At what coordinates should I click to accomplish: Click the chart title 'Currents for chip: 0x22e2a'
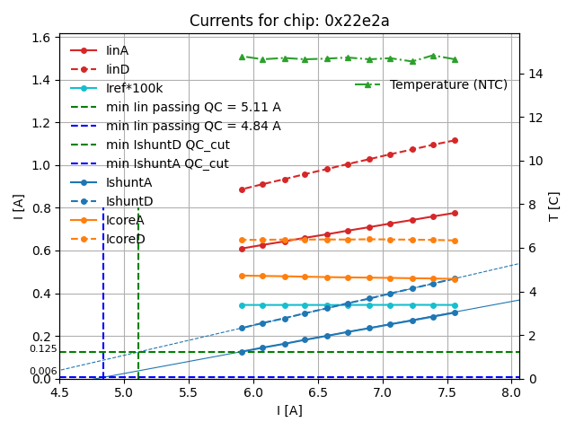pos(289,21)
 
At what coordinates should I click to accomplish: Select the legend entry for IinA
pos(117,50)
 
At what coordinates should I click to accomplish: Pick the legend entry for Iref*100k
pos(131,88)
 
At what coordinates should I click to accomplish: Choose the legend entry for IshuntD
pos(129,201)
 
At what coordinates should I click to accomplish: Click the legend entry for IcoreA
pos(125,220)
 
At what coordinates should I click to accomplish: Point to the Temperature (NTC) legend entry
pos(448,84)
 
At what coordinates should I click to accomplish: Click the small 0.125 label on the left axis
pos(43,348)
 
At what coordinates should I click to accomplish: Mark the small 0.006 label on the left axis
pos(43,371)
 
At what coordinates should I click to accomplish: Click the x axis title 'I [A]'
pos(288,411)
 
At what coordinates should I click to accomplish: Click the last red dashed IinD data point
pos(455,140)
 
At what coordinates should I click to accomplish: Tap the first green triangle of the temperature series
pos(242,57)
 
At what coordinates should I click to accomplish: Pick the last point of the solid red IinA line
pos(455,213)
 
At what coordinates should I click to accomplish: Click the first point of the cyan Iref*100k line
pos(242,305)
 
